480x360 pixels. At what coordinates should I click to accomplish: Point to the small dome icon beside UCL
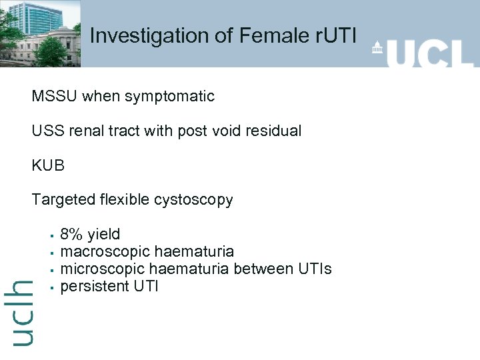click(378, 48)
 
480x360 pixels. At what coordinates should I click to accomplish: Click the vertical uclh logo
click(22, 312)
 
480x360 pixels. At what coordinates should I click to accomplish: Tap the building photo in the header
click(40, 33)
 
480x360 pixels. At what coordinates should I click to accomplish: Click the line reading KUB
click(48, 165)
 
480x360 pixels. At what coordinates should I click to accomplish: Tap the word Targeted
click(63, 200)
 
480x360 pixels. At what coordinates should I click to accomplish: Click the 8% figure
click(71, 235)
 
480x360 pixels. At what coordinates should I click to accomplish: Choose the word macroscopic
click(105, 252)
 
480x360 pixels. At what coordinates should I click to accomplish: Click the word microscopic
click(103, 269)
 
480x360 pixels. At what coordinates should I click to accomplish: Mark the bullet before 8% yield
click(51, 235)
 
